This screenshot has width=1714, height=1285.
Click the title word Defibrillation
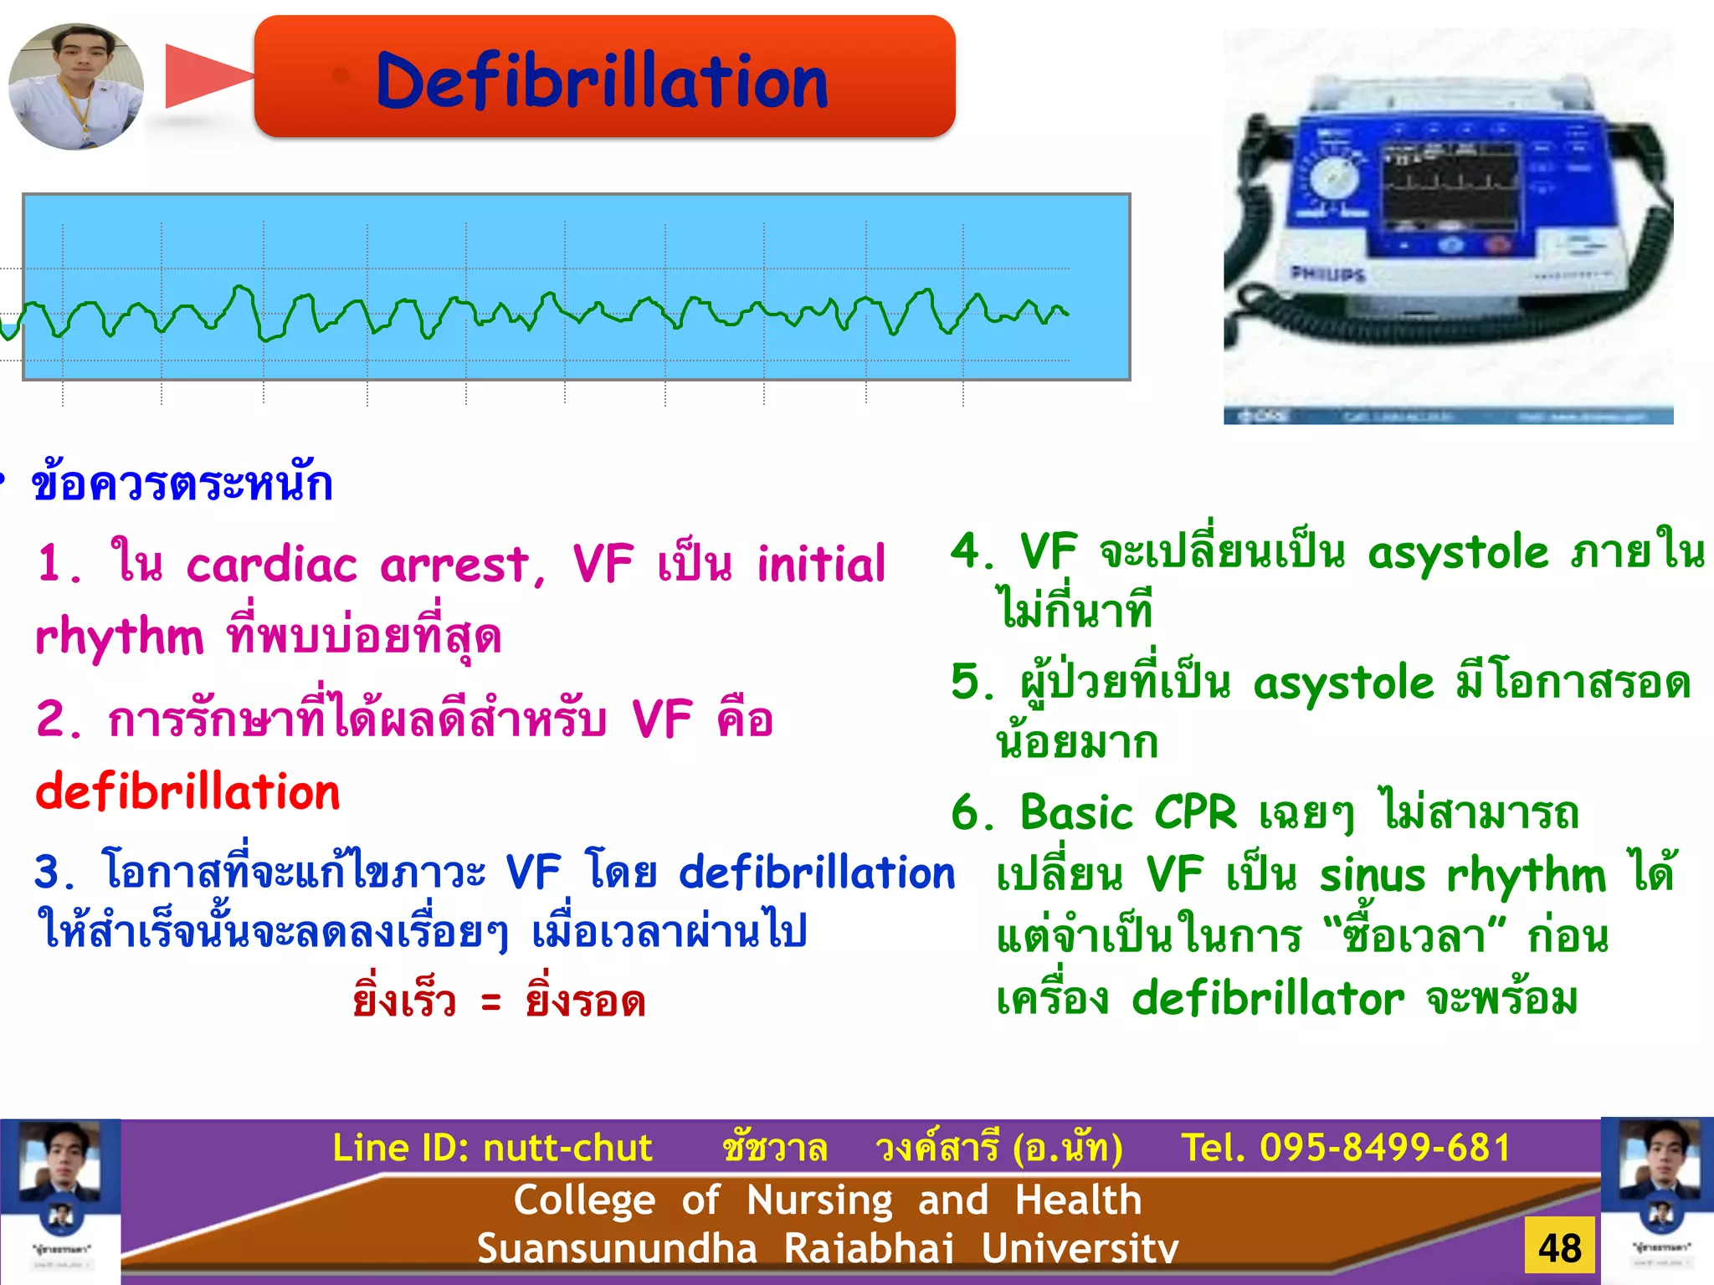[x=602, y=80]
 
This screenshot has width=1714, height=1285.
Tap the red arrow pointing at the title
[x=206, y=76]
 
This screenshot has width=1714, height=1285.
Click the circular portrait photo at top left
[x=76, y=86]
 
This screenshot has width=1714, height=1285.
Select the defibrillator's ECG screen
[x=1448, y=185]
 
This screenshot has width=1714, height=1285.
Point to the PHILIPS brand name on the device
[x=1327, y=274]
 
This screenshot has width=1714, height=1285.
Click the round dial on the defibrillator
[x=1332, y=178]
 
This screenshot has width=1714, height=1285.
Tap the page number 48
[x=1560, y=1247]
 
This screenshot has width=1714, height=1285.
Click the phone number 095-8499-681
[x=1385, y=1147]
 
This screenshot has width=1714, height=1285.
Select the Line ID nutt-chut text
[x=492, y=1147]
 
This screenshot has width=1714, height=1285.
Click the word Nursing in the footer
[x=819, y=1200]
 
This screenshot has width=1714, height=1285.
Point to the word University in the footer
[x=1080, y=1248]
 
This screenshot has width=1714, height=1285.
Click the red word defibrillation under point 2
[x=188, y=791]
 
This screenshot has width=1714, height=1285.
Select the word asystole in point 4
[x=1459, y=552]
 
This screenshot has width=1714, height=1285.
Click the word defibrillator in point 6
[x=1268, y=998]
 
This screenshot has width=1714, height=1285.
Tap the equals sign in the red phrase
[x=491, y=1001]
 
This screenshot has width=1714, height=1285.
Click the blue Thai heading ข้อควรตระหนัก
[x=182, y=483]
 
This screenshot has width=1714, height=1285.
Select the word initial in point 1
[x=821, y=564]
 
